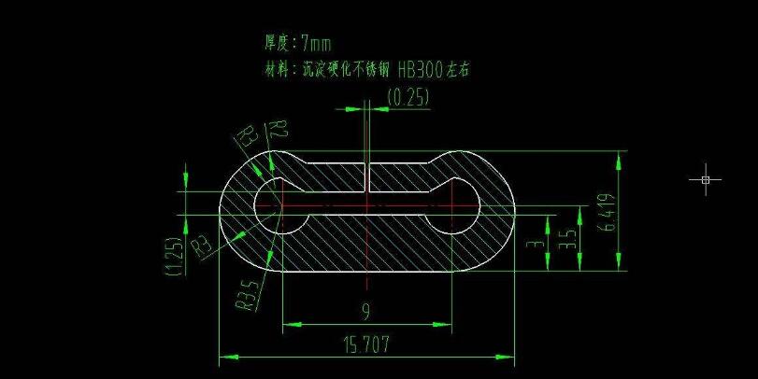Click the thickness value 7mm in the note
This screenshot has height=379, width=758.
316,43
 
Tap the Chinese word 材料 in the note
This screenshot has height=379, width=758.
277,69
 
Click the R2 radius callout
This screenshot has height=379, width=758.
279,130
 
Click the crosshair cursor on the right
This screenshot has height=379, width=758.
706,178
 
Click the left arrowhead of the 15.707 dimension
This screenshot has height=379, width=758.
224,357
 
